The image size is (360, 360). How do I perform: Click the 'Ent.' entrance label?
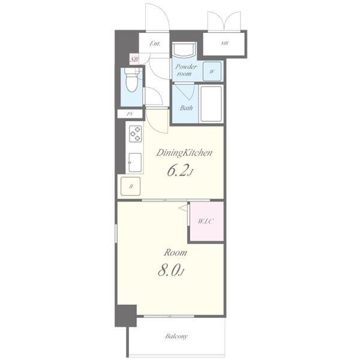pos(155,43)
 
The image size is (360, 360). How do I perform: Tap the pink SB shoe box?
pos(134,59)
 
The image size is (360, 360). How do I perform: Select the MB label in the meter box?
pos(224,43)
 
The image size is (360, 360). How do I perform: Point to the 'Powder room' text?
pos(186,70)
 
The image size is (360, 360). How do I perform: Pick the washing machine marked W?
pos(212,71)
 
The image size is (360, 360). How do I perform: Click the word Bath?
pos(186,107)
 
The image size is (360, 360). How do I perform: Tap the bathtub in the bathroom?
pos(211,104)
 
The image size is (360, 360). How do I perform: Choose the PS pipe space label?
pos(130,113)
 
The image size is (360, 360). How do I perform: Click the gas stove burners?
pos(135,134)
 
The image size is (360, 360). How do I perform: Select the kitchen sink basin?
pos(135,163)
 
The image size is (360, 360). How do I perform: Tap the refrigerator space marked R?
pos(130,186)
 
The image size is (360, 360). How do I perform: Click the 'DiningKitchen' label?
pos(184,152)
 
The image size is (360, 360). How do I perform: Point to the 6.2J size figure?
pos(181,170)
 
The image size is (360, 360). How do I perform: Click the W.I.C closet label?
pos(206,221)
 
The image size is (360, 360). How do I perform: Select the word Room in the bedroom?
pos(175,253)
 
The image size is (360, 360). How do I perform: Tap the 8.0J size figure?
pos(171,271)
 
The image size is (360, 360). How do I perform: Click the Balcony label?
pos(176,337)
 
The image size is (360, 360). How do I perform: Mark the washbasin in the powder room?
pos(184,49)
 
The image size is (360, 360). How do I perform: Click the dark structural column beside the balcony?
pos(126,316)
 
